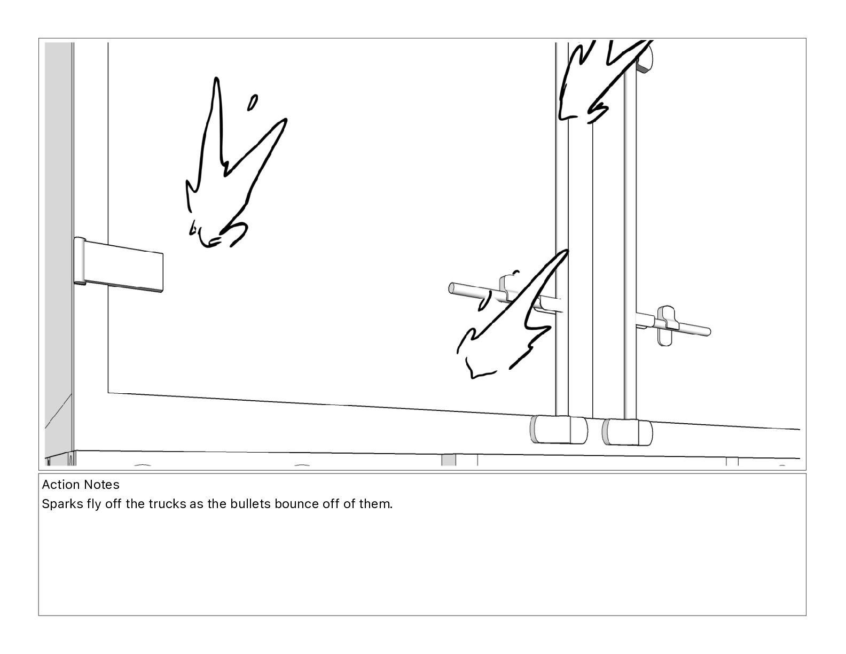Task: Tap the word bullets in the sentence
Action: point(250,504)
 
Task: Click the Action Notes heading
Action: point(81,485)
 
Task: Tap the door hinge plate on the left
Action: point(119,264)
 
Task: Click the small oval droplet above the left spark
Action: point(253,103)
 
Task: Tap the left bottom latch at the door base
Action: point(559,430)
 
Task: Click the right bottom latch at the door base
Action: point(627,432)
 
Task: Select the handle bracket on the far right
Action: point(666,325)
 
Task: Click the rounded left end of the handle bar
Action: point(452,288)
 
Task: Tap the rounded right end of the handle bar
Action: point(707,331)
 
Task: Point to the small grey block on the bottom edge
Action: point(449,460)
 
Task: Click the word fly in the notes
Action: point(93,504)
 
